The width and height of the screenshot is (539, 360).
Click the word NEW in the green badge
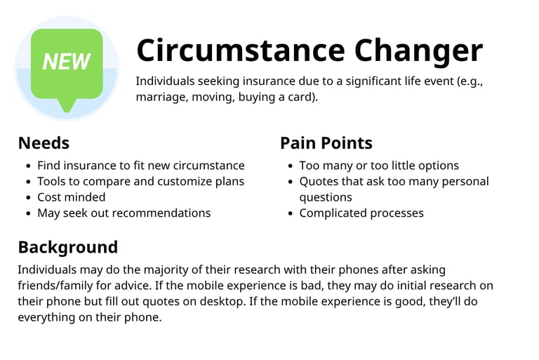[x=67, y=62]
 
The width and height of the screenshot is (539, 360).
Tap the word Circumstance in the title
[x=241, y=51]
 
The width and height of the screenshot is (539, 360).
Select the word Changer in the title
[x=418, y=51]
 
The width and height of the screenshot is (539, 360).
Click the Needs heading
[x=44, y=143]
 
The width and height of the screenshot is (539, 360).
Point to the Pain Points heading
[x=326, y=143]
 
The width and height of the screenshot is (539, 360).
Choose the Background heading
[x=67, y=247]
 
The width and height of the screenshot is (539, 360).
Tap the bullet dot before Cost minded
[x=28, y=197]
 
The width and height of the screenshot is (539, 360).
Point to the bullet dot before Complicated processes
[x=291, y=213]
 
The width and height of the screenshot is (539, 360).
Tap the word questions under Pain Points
[x=326, y=198]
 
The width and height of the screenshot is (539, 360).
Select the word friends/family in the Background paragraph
[x=55, y=286]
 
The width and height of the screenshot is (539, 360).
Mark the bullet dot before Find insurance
[x=28, y=166]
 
